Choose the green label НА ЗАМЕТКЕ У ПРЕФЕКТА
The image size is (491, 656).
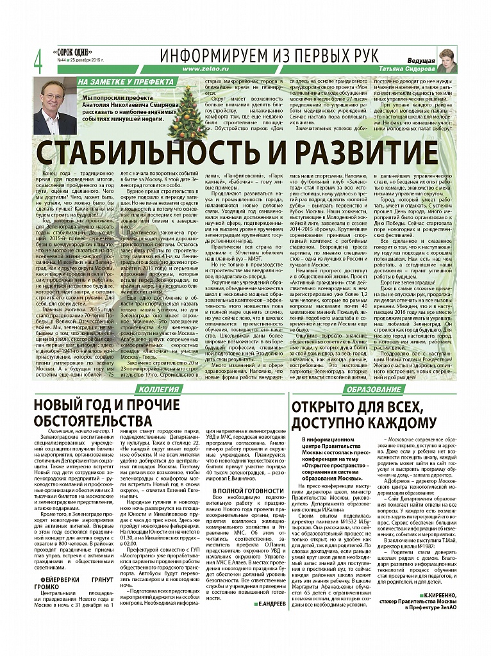click(x=124, y=82)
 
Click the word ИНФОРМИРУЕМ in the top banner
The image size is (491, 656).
click(x=222, y=55)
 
